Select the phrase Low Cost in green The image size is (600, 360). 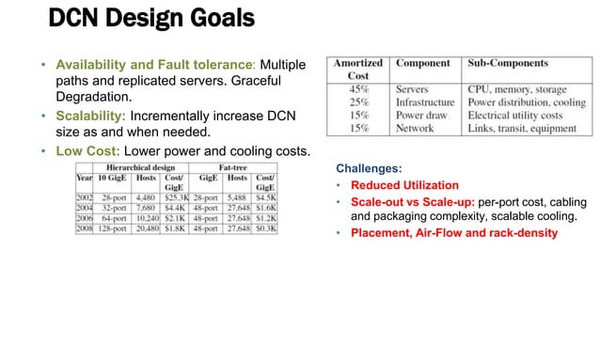click(86, 151)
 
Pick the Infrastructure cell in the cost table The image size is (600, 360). click(425, 102)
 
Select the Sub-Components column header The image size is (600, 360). click(508, 64)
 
